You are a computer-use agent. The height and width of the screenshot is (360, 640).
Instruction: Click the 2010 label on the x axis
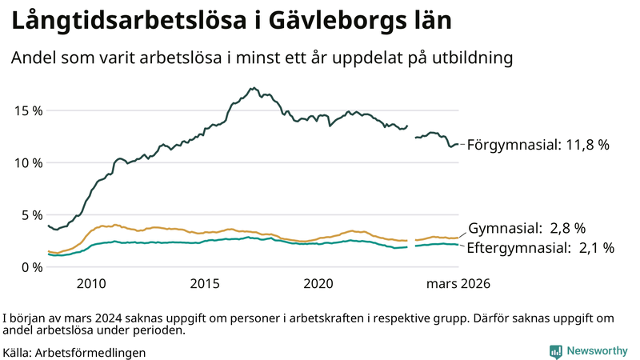90,284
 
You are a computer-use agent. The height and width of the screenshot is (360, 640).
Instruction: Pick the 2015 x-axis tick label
205,284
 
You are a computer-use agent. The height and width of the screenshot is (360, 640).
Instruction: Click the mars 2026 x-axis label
458,284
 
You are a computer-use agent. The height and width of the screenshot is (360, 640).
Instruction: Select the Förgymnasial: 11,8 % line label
538,145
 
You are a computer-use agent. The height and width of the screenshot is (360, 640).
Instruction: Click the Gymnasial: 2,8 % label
526,228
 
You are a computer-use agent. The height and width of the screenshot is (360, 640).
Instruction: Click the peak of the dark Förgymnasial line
253,88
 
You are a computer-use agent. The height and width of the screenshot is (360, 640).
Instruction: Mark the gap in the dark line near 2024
411,132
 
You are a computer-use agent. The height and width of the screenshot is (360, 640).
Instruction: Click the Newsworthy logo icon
555,350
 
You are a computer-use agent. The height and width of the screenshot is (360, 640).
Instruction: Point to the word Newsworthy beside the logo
596,350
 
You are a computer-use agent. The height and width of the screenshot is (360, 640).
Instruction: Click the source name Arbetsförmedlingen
90,351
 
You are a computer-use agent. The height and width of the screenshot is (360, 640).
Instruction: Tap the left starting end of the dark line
49,226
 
